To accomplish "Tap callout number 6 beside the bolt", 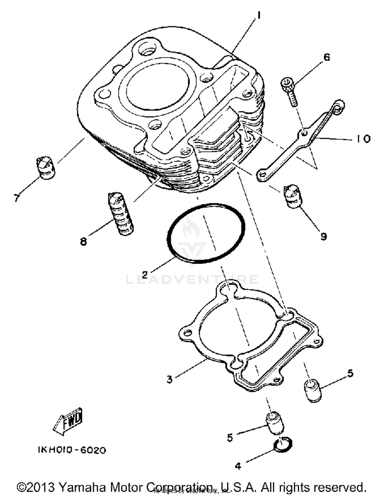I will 327,57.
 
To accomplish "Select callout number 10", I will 363,139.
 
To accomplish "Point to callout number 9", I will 324,236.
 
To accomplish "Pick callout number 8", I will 83,241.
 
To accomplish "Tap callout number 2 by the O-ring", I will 145,275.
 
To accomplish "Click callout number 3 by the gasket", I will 169,379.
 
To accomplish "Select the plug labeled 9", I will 293,196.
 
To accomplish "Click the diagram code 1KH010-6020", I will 72,450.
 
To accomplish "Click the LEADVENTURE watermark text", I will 192,280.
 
